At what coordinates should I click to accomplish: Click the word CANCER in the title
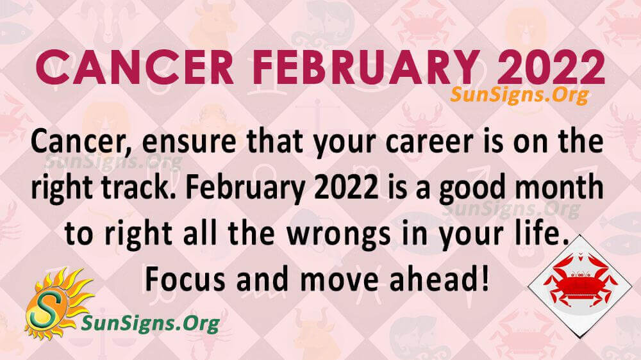click(x=135, y=67)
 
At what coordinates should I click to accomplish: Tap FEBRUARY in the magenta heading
click(x=365, y=67)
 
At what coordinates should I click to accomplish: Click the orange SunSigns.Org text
click(x=519, y=95)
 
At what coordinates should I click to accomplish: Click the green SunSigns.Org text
click(x=151, y=323)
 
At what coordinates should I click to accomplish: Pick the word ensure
click(x=189, y=142)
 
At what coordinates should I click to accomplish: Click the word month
click(x=559, y=187)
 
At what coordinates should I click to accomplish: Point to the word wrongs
click(x=339, y=234)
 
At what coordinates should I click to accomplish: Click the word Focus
click(x=185, y=279)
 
